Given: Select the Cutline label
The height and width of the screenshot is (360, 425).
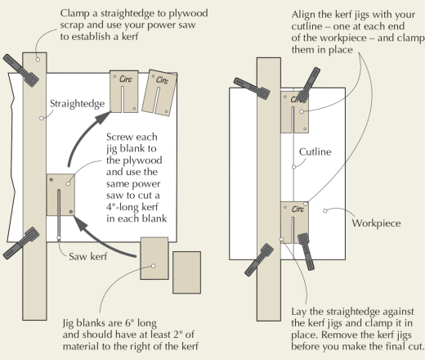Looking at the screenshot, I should tap(315, 152).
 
